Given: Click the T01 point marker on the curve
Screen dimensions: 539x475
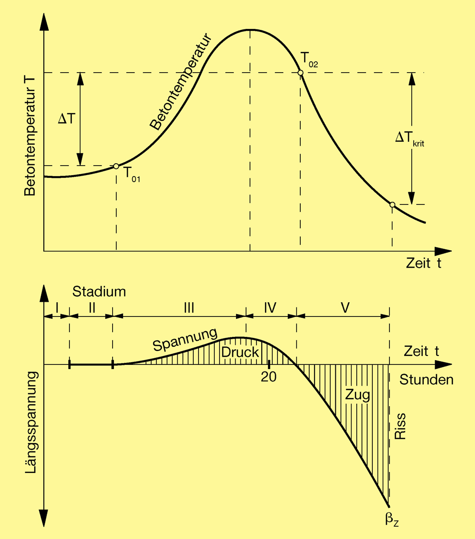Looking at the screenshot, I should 116,166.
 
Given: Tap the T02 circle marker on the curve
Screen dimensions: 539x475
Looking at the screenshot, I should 300,73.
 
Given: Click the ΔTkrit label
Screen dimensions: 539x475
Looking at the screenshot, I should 409,138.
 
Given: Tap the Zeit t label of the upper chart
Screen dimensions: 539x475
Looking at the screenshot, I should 423,263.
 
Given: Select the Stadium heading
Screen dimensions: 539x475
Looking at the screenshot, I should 99,291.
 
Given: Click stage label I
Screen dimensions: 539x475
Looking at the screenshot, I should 57,308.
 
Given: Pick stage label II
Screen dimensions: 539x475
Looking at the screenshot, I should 92,308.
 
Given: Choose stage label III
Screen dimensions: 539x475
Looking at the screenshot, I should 189,308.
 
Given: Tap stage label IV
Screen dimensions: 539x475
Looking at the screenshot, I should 270,308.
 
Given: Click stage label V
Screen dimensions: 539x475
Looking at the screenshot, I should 345,308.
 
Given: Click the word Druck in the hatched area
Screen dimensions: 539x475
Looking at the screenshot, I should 240,353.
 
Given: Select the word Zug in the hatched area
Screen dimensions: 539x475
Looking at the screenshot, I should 358,395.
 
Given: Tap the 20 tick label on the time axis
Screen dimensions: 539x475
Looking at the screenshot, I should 269,376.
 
